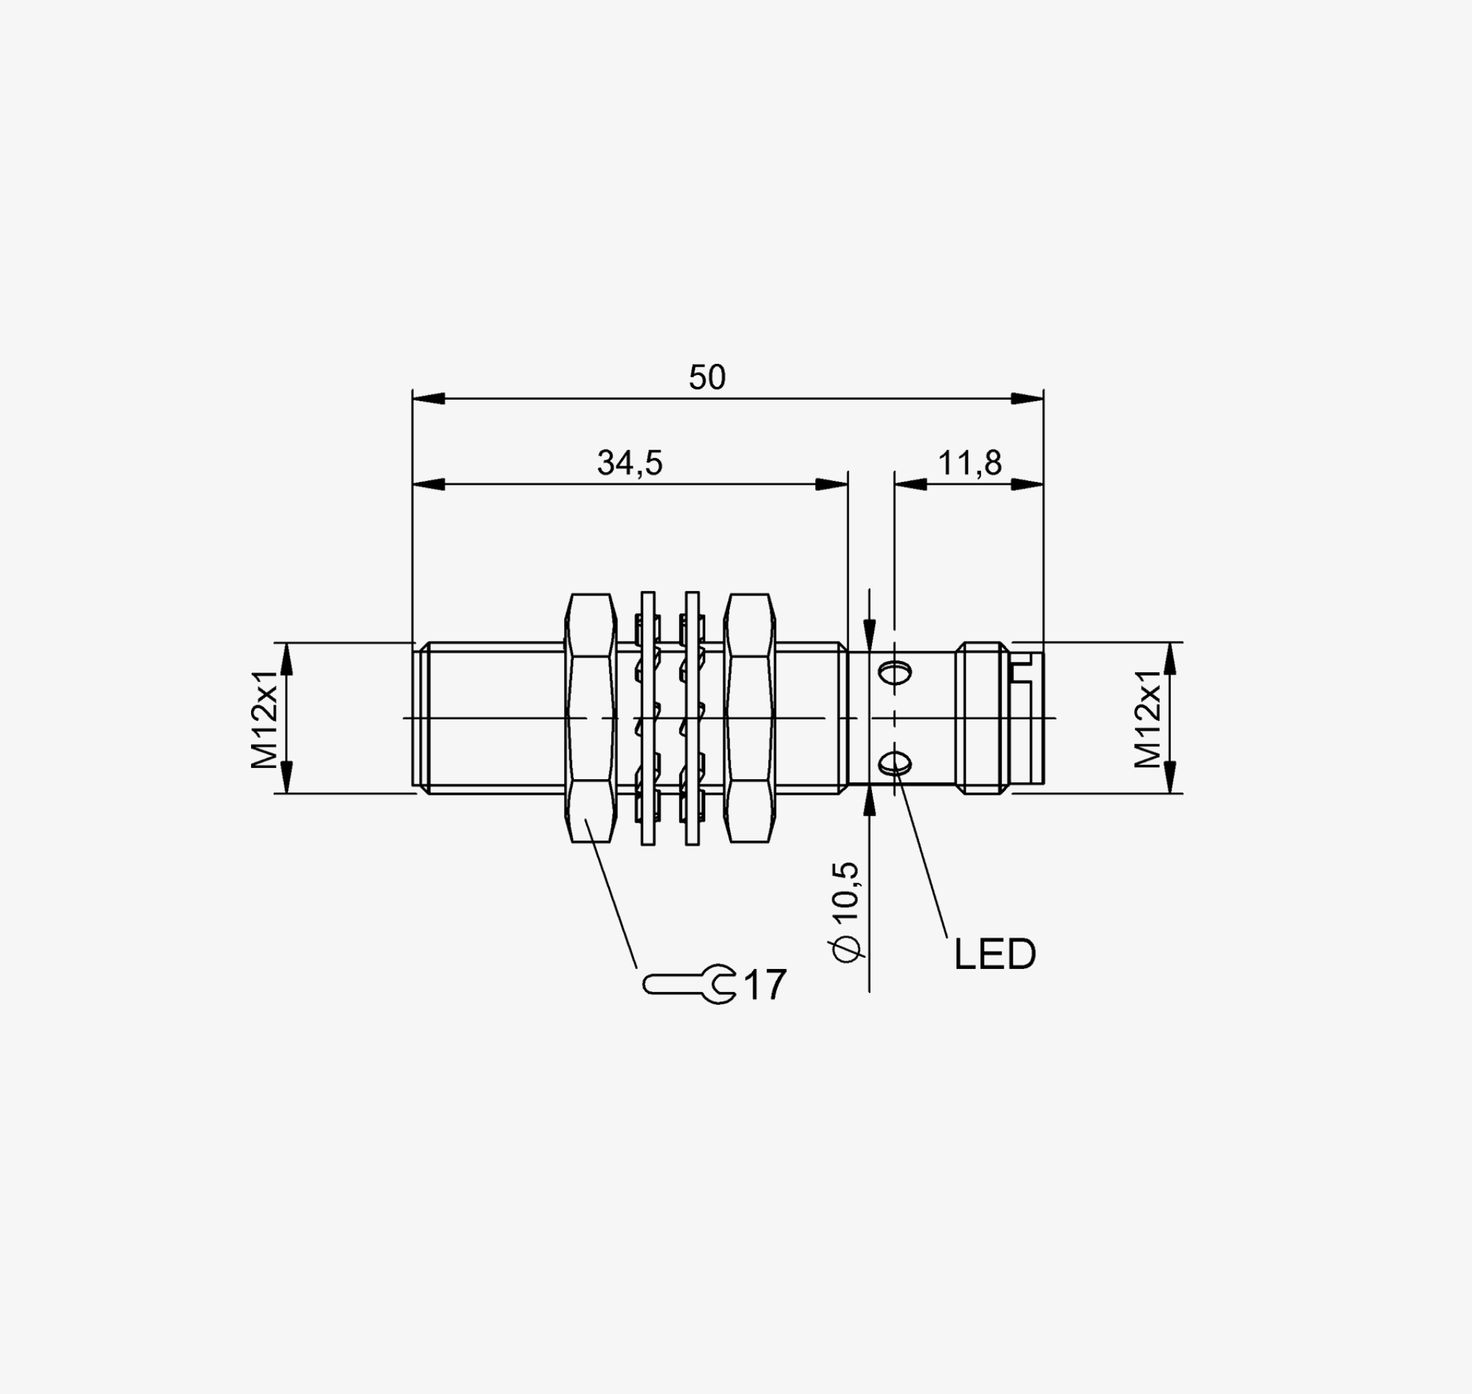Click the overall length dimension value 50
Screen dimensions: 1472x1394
[x=707, y=377]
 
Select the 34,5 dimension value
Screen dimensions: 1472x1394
[x=629, y=463]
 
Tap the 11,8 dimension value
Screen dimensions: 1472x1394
[x=970, y=463]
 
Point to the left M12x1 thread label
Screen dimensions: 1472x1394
[x=265, y=719]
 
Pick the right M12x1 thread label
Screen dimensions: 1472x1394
[x=1148, y=719]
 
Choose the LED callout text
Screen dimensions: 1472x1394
[x=995, y=954]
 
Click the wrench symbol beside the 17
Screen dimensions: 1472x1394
[x=689, y=985]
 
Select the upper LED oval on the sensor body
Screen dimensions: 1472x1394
[x=894, y=673]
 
